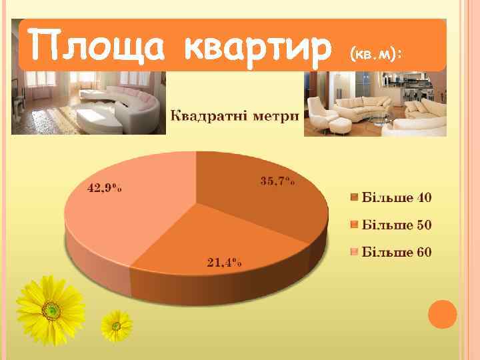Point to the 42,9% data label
click(105, 188)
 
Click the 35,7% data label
click(277, 181)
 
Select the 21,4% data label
click(224, 262)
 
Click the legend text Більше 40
click(397, 197)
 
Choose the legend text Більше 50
click(397, 225)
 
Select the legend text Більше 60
click(397, 252)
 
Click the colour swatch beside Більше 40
click(355, 197)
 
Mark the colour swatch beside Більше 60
click(355, 252)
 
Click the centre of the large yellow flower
click(51, 309)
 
